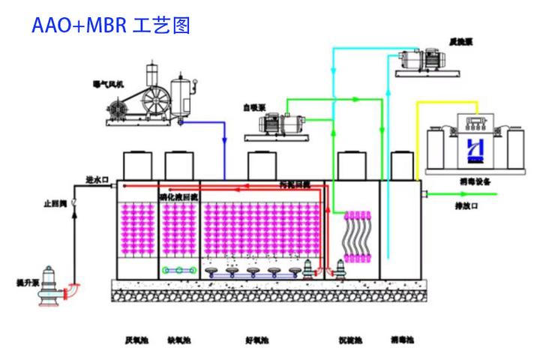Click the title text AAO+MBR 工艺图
click(111, 25)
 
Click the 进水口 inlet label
click(98, 179)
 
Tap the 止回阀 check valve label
click(57, 203)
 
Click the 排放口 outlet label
click(469, 203)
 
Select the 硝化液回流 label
click(178, 196)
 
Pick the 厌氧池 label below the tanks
click(137, 341)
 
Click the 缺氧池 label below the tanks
click(179, 341)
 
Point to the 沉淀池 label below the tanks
click(351, 341)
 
